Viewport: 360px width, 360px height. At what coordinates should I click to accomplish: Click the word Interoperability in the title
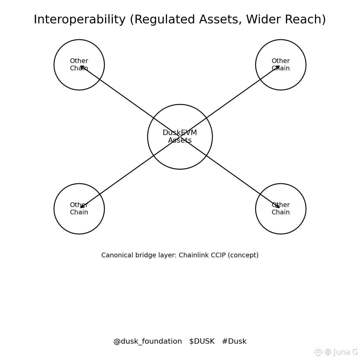(80, 20)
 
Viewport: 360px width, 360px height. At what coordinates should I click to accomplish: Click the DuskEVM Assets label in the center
(180, 137)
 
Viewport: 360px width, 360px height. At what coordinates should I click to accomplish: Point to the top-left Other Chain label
(79, 65)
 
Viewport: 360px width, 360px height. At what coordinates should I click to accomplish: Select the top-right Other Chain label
(281, 65)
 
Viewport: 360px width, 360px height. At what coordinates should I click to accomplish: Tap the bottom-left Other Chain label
(79, 209)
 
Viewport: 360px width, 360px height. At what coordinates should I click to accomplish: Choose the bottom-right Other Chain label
(281, 209)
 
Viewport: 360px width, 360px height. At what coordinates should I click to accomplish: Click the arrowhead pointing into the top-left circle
(82, 67)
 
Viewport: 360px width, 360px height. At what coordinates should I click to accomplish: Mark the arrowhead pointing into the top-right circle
(278, 67)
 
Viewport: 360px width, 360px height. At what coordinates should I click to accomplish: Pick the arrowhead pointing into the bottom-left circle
(82, 207)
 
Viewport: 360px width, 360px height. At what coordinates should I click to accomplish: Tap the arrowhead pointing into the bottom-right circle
(278, 207)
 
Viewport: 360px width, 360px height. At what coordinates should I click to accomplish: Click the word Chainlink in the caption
(192, 255)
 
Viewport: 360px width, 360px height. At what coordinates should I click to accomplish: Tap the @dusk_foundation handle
(148, 342)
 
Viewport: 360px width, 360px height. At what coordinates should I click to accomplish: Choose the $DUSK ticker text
(202, 342)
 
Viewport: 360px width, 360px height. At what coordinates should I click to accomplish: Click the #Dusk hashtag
(234, 342)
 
